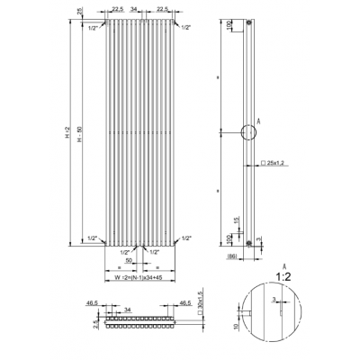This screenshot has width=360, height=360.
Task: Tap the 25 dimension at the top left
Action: pyautogui.click(x=80, y=11)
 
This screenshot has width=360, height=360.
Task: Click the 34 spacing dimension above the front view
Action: pyautogui.click(x=134, y=11)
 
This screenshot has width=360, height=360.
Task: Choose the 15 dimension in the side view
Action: pyautogui.click(x=237, y=220)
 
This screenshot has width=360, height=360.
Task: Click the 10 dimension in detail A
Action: pyautogui.click(x=235, y=329)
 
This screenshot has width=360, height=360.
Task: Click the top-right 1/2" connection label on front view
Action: pyautogui.click(x=184, y=29)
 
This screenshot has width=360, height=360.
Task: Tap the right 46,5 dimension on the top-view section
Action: pyautogui.click(x=184, y=304)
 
